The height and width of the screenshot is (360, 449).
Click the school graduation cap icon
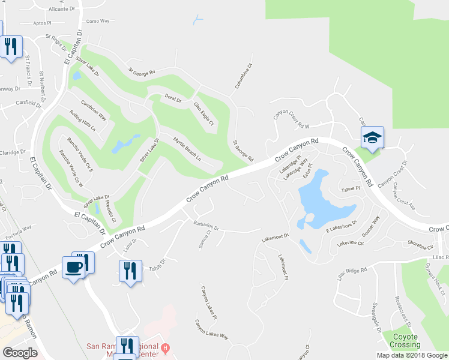click(x=372, y=138)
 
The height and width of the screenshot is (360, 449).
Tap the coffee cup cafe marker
click(x=73, y=267)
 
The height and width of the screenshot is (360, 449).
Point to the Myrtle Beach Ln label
click(x=187, y=151)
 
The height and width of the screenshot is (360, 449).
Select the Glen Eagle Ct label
click(x=203, y=113)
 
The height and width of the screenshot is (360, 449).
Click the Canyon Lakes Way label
click(x=211, y=329)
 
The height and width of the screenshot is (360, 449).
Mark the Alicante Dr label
click(x=62, y=10)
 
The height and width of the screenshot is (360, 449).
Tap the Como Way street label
click(x=98, y=21)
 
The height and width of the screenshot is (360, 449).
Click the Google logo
click(x=20, y=353)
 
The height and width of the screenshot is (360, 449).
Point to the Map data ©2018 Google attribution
click(x=412, y=355)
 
